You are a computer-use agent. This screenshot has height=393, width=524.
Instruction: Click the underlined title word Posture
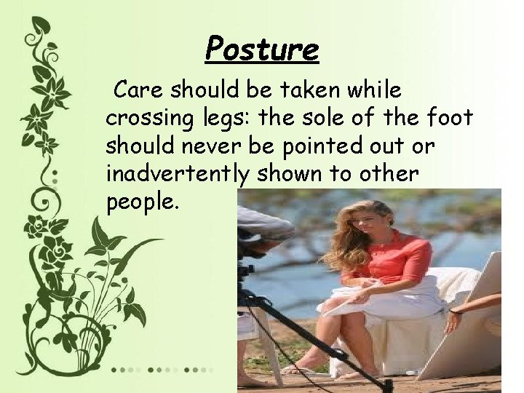click(261, 49)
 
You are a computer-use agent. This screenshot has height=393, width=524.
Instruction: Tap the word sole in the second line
click(327, 118)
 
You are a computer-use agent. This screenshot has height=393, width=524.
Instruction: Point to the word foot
click(449, 118)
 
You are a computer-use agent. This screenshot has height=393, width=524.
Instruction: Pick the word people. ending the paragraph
click(142, 203)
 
